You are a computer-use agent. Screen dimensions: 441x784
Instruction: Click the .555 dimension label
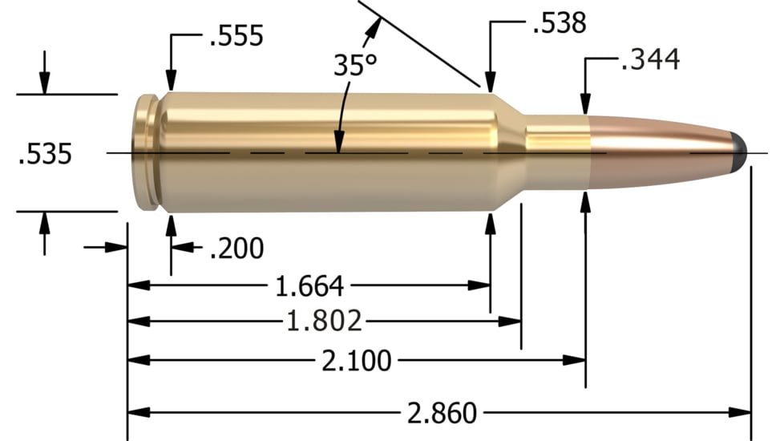click(x=236, y=36)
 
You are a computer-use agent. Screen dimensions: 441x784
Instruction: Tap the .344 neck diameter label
click(x=650, y=59)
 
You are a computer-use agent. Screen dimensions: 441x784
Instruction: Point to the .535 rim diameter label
click(x=45, y=153)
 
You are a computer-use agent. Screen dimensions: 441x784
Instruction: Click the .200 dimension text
click(x=236, y=249)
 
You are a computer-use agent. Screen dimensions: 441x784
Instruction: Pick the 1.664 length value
click(x=309, y=285)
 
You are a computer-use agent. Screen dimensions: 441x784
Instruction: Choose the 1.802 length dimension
click(x=325, y=322)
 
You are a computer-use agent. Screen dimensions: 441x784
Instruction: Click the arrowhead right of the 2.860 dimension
click(x=741, y=413)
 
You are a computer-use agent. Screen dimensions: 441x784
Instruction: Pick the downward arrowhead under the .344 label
click(x=586, y=103)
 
